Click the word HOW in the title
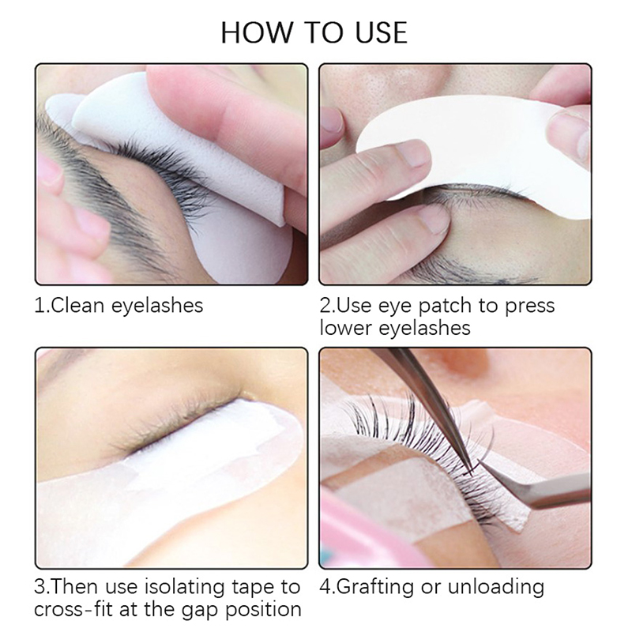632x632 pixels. tap(256, 32)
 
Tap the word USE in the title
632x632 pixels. tap(381, 32)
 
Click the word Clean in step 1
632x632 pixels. tap(77, 305)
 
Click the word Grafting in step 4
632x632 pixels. tap(374, 587)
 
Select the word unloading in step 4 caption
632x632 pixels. tap(496, 587)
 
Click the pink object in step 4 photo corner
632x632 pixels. tap(363, 536)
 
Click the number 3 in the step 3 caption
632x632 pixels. tap(40, 587)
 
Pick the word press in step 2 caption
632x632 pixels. tap(530, 307)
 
